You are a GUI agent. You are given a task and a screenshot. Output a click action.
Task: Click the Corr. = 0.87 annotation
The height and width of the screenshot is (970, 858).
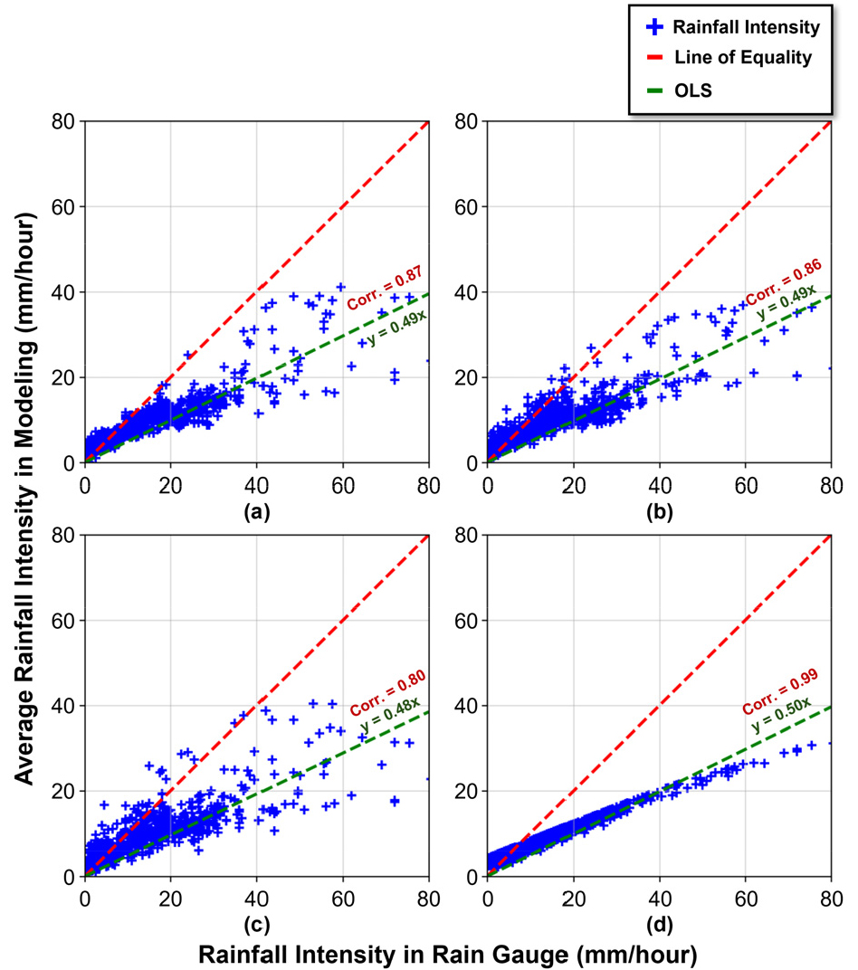click(x=385, y=288)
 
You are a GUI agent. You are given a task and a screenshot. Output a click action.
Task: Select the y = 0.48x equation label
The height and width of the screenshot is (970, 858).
click(x=390, y=715)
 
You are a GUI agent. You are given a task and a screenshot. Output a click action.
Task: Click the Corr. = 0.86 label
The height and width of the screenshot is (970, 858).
click(x=784, y=282)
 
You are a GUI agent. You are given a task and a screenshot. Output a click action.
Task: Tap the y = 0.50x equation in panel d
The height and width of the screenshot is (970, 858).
click(x=781, y=715)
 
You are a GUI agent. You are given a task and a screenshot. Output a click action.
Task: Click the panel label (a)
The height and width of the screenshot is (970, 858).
click(x=257, y=511)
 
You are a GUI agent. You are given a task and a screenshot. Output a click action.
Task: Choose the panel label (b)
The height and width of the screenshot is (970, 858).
click(x=660, y=511)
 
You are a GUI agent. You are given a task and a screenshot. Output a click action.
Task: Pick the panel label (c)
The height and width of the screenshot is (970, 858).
click(x=257, y=925)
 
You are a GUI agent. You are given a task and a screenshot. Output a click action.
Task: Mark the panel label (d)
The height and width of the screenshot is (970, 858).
click(x=660, y=925)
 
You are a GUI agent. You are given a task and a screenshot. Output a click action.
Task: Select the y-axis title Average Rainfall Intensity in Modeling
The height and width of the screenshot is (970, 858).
click(x=24, y=499)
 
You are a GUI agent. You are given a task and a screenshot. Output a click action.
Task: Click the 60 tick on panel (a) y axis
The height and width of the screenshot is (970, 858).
click(x=63, y=207)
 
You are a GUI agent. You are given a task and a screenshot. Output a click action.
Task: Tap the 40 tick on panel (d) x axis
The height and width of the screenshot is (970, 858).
click(x=660, y=899)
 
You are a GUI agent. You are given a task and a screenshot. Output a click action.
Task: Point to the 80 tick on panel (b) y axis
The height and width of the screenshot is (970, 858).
click(x=466, y=122)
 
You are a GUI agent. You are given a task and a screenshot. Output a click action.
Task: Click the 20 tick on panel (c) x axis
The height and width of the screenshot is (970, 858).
click(x=171, y=899)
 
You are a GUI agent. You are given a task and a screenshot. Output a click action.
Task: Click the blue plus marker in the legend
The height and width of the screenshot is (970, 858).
click(x=654, y=27)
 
